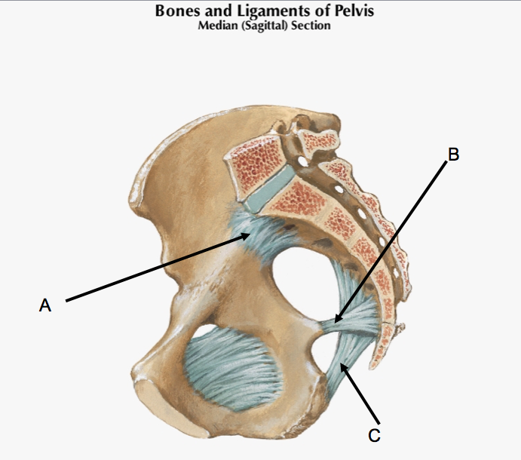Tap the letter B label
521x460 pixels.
click(452, 154)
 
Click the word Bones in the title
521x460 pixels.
click(178, 11)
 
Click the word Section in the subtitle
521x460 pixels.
click(311, 26)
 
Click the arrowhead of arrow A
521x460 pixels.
click(250, 235)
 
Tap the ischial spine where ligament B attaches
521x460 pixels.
click(320, 325)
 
